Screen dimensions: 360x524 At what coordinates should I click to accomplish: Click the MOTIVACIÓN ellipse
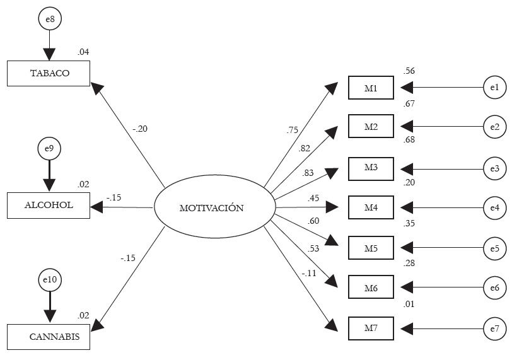(214, 207)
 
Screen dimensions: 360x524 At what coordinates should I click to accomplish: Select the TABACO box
(49, 73)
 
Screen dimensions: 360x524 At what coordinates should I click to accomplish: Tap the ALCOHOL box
(49, 205)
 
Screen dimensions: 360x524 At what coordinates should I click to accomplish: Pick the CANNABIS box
(49, 337)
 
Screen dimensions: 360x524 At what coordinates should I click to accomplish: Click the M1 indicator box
(371, 88)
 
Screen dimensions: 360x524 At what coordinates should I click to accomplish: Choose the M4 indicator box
(371, 207)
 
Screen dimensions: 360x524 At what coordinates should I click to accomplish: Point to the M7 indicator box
(371, 328)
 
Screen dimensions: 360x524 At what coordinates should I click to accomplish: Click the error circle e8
(49, 20)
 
